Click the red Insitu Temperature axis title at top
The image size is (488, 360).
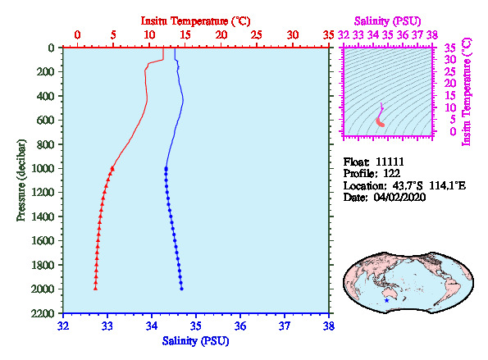click(195, 21)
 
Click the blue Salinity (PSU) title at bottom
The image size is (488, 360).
click(195, 341)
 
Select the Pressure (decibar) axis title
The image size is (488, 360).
click(21, 180)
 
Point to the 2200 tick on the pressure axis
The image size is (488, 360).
click(43, 313)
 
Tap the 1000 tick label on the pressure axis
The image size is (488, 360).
click(43, 168)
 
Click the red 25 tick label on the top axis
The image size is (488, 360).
click(257, 34)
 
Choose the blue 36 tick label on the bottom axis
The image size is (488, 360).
click(240, 326)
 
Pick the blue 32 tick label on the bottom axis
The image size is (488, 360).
click(63, 326)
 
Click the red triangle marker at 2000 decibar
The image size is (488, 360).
click(95, 289)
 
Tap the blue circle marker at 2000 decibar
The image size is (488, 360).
click(181, 289)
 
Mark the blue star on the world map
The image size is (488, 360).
click(386, 301)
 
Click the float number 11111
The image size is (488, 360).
click(390, 162)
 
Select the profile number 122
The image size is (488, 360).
click(391, 174)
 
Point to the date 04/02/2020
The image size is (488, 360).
click(399, 198)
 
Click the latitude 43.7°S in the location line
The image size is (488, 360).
click(408, 186)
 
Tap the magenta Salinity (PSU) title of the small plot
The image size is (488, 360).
click(387, 21)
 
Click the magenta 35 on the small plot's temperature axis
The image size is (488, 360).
click(450, 48)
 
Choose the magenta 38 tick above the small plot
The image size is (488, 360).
click(432, 34)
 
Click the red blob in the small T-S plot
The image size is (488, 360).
click(380, 122)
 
